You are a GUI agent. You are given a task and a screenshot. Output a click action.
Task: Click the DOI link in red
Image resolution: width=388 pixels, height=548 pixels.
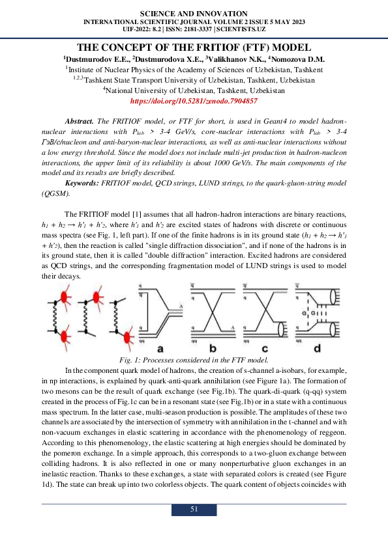point(194,102)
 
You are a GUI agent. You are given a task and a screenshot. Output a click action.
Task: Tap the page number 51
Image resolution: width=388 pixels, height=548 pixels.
point(194,510)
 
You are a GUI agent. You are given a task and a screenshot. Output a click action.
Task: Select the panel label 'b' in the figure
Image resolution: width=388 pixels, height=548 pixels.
point(213,349)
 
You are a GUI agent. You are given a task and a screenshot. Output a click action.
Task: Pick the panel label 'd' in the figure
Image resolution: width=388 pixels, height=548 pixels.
point(317,349)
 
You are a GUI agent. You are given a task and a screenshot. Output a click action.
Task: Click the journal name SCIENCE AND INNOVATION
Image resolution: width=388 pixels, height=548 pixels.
point(194,14)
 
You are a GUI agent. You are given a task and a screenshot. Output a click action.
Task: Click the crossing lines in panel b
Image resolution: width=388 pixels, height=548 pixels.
point(212,318)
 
